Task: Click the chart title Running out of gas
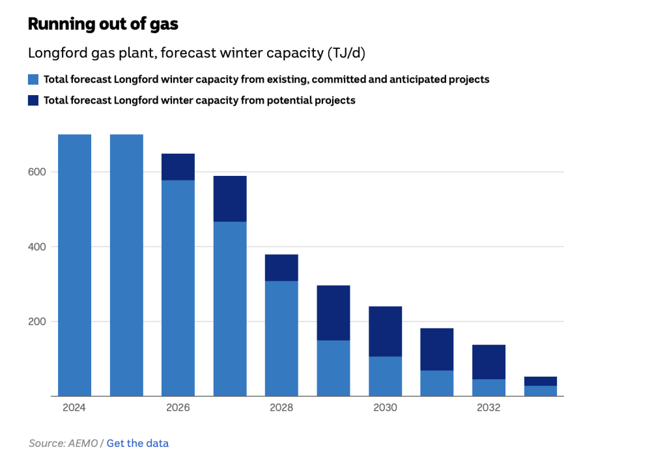103,24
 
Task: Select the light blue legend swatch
33,79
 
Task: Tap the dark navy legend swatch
33,100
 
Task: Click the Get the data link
137,443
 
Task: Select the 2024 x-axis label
74,408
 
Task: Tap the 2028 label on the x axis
281,408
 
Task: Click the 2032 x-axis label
489,408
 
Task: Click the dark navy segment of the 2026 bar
178,167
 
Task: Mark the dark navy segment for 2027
230,199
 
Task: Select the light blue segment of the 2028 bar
281,339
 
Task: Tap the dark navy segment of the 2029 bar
333,313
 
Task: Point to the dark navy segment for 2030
385,332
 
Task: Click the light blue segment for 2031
437,383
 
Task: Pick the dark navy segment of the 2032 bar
489,362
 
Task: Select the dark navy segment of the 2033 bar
541,381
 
